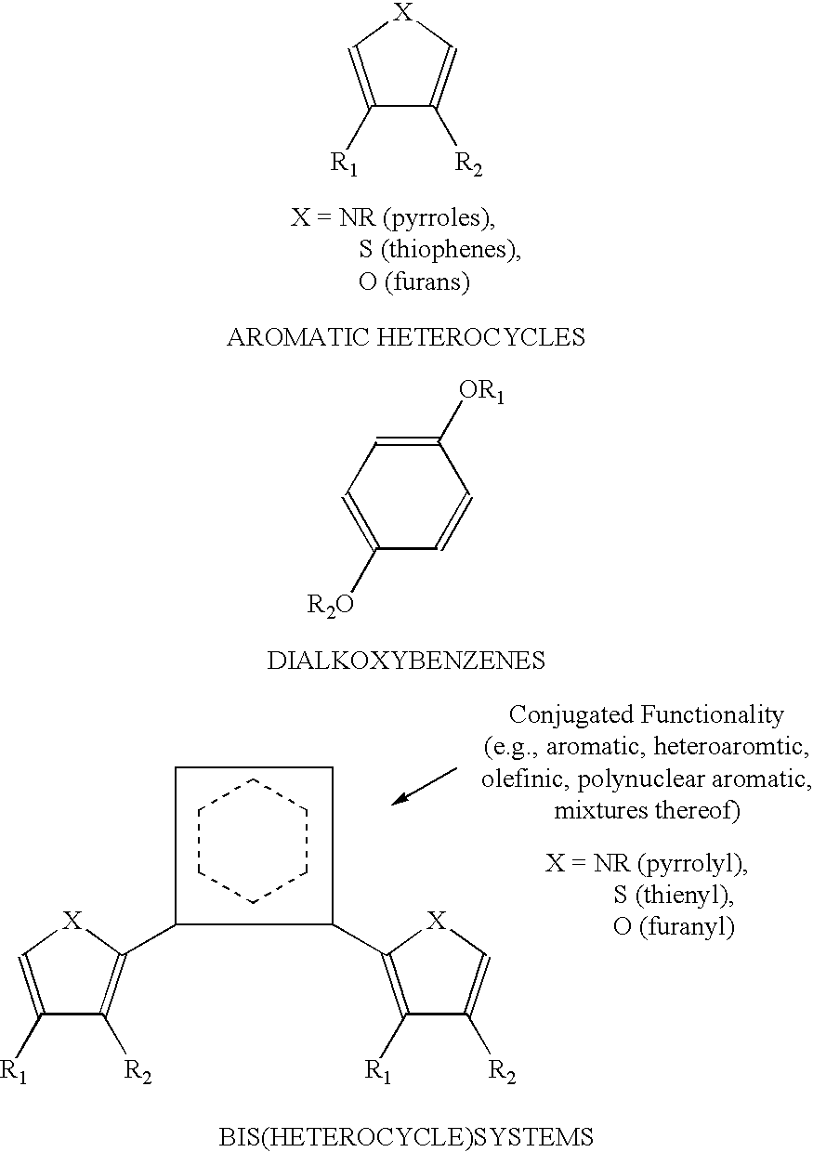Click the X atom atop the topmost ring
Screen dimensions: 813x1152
click(x=403, y=12)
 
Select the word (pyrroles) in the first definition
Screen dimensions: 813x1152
click(x=439, y=219)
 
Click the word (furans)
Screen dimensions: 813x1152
click(x=427, y=282)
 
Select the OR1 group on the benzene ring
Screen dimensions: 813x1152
click(x=481, y=392)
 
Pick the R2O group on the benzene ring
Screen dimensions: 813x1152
click(x=330, y=604)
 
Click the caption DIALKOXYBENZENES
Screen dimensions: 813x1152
click(x=406, y=661)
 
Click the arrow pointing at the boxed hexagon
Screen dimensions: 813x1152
click(x=425, y=786)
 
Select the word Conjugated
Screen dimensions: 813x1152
click(x=570, y=716)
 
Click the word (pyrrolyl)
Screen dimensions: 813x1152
click(x=692, y=863)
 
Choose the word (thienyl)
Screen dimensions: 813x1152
click(x=685, y=896)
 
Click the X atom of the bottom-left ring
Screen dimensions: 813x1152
click(x=72, y=921)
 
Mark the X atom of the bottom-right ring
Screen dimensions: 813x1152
click(x=437, y=921)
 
